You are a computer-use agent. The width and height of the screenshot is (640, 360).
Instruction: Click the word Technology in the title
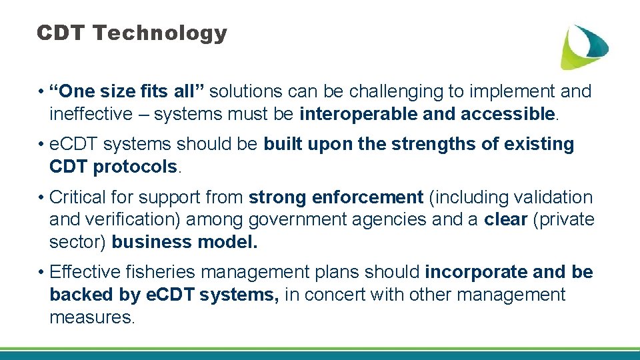tap(160, 33)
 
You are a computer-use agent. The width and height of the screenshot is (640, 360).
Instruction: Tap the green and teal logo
tap(583, 46)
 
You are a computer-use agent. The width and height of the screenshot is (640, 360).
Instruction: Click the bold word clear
tap(506, 220)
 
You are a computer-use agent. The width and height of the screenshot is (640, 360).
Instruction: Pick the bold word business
tap(143, 242)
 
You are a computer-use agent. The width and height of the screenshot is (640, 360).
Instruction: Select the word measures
tap(92, 317)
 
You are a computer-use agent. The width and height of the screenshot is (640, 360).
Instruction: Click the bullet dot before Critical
tap(41, 198)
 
